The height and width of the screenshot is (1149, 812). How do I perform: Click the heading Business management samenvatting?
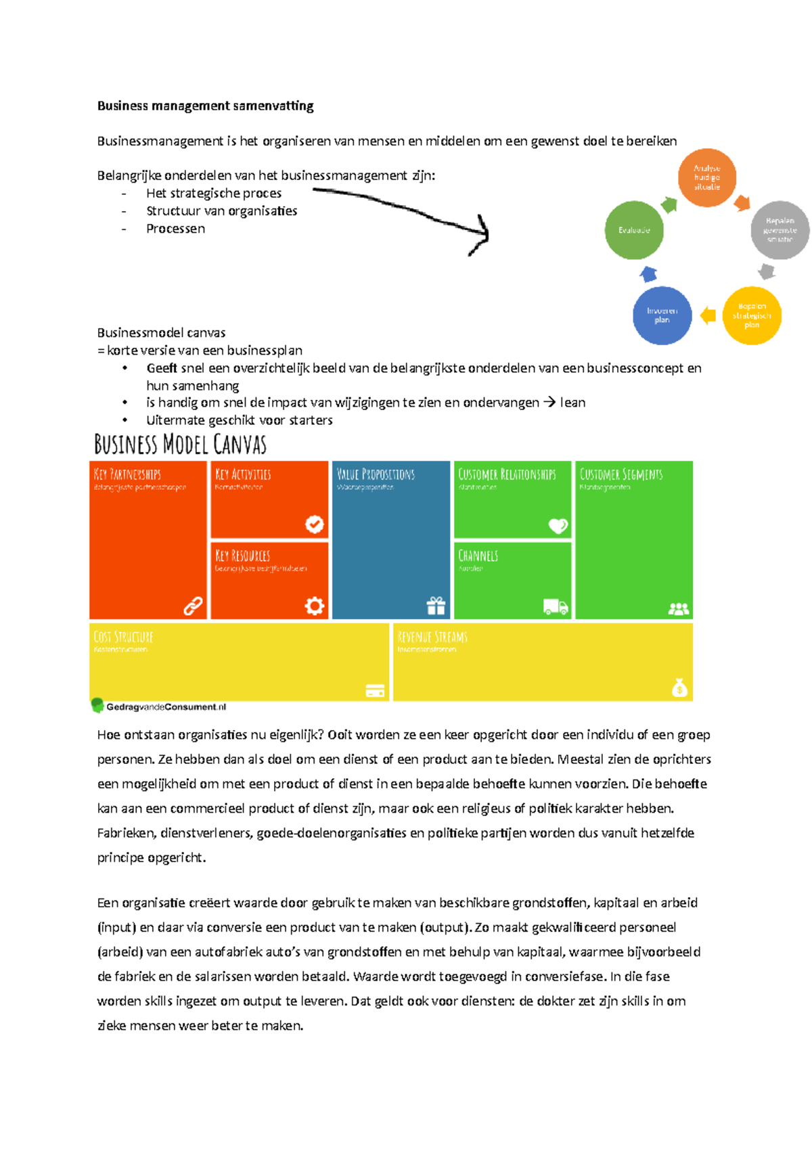click(205, 106)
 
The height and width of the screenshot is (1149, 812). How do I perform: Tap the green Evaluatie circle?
click(633, 230)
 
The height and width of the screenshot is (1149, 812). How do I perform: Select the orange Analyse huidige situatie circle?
click(706, 177)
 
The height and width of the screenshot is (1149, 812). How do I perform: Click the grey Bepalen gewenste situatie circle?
click(780, 230)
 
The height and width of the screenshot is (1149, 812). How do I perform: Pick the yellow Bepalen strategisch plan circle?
click(752, 315)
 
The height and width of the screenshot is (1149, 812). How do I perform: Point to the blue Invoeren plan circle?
click(662, 315)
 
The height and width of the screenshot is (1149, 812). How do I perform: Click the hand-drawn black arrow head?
click(480, 234)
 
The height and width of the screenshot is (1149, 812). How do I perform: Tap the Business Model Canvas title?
click(180, 445)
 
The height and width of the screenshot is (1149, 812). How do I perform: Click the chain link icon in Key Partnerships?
click(193, 606)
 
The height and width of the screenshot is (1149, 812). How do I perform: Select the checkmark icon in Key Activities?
click(314, 524)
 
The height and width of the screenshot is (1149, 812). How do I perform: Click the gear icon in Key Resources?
click(314, 606)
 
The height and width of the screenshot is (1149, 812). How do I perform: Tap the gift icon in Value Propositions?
click(436, 606)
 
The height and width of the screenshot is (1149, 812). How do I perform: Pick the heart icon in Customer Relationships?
click(558, 525)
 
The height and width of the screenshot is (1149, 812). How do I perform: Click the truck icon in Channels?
click(556, 607)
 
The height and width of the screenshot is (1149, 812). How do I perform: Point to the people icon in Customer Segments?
click(678, 608)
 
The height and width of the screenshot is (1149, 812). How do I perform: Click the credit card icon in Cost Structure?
click(375, 690)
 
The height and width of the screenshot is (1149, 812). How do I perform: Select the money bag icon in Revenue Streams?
click(679, 688)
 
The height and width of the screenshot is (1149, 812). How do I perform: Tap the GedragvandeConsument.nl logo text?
click(166, 706)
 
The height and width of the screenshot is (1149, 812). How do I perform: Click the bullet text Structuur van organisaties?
click(222, 211)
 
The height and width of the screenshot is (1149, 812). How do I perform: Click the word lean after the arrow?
click(572, 403)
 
